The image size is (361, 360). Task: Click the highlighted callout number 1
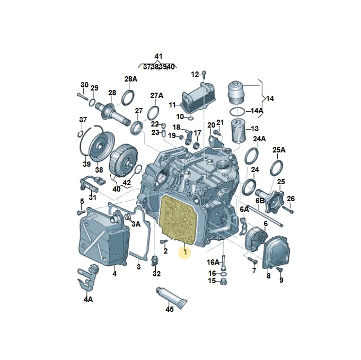click(x=185, y=252)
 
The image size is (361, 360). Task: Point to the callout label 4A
click(x=88, y=299)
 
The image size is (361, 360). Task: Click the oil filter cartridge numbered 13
click(x=239, y=130)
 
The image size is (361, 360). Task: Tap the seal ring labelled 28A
click(x=128, y=98)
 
